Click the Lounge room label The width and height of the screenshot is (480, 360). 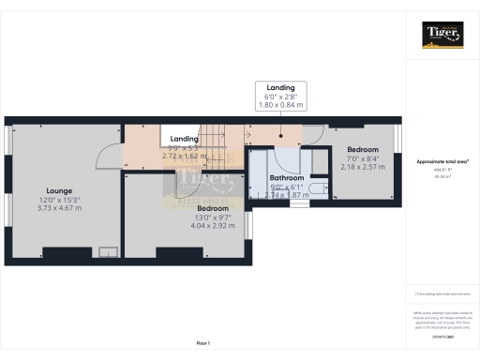(59, 190)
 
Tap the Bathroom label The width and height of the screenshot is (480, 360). (286, 177)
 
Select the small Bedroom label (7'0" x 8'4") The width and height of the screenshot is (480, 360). (362, 150)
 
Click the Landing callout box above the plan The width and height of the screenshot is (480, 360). (279, 97)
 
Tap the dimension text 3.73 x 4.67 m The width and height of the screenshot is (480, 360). (59, 210)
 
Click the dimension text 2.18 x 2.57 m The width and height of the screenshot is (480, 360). (362, 167)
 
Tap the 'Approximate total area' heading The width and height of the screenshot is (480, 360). (442, 162)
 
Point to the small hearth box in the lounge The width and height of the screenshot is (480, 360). (109, 251)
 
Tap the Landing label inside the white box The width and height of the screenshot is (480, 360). (184, 139)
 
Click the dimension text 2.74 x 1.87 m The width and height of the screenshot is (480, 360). (286, 194)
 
